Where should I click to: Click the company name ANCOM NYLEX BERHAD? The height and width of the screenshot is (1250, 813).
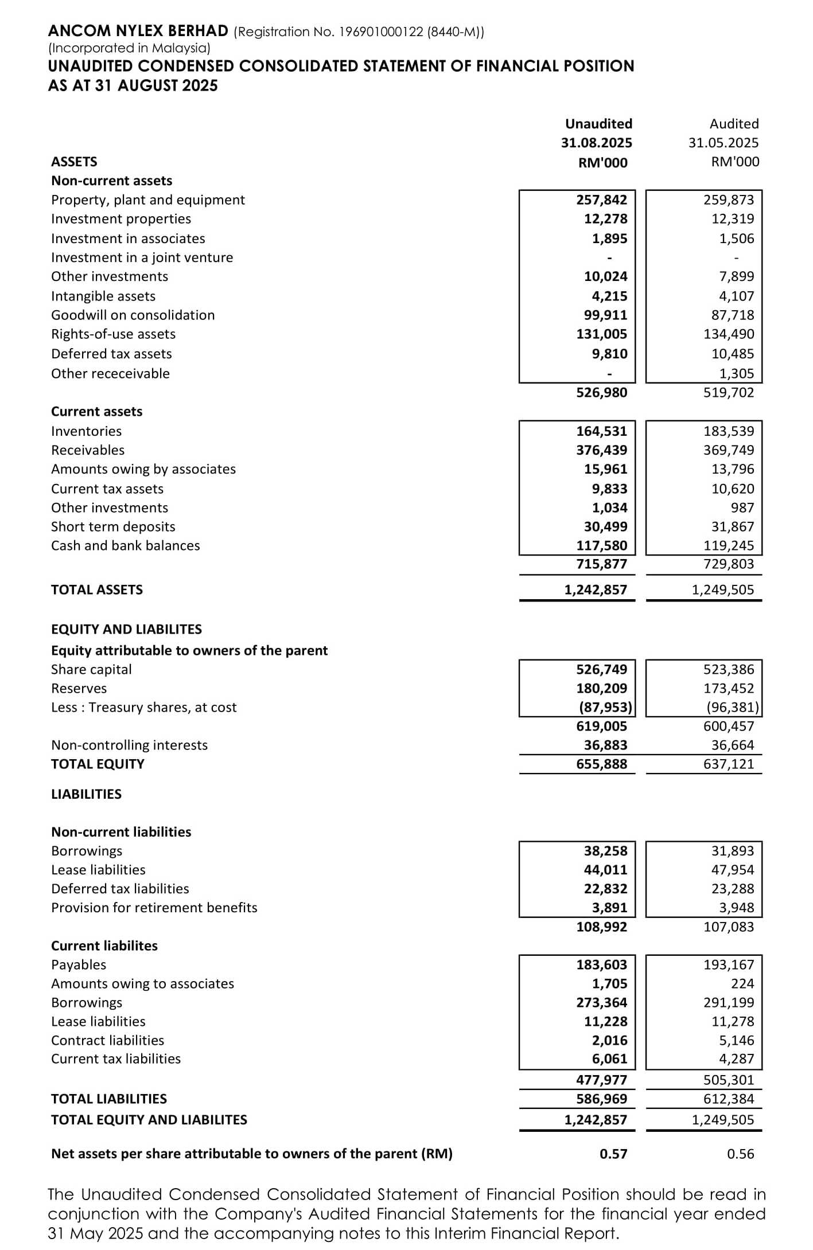(x=138, y=30)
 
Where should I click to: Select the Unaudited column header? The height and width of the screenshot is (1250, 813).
(x=598, y=124)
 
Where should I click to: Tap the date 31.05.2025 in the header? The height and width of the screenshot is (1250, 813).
(x=723, y=143)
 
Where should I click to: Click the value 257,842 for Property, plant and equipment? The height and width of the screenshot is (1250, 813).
(x=601, y=200)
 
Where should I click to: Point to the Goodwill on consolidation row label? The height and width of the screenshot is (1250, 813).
(x=133, y=315)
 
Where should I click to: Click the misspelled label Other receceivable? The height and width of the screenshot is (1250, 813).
(x=110, y=373)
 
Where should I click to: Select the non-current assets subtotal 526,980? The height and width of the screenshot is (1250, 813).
(x=601, y=392)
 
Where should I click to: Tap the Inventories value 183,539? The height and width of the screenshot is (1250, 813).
(x=729, y=431)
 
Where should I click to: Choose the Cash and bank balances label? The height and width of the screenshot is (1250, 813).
(x=125, y=545)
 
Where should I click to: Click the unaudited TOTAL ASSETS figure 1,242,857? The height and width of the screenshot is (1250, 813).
(x=596, y=589)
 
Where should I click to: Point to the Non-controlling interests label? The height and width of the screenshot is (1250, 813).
(x=129, y=745)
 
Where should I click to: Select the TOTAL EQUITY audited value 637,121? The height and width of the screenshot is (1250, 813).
(x=729, y=764)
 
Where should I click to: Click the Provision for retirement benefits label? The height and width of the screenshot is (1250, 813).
(x=154, y=907)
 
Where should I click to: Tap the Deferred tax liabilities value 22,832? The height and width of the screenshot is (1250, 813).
(x=605, y=888)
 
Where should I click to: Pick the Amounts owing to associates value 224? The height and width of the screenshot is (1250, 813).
(x=742, y=983)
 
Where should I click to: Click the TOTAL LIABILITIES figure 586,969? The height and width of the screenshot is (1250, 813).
(x=601, y=1099)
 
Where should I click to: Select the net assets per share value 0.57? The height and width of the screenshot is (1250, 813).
(x=613, y=1154)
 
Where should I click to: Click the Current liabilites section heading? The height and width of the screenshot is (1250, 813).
(x=104, y=946)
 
